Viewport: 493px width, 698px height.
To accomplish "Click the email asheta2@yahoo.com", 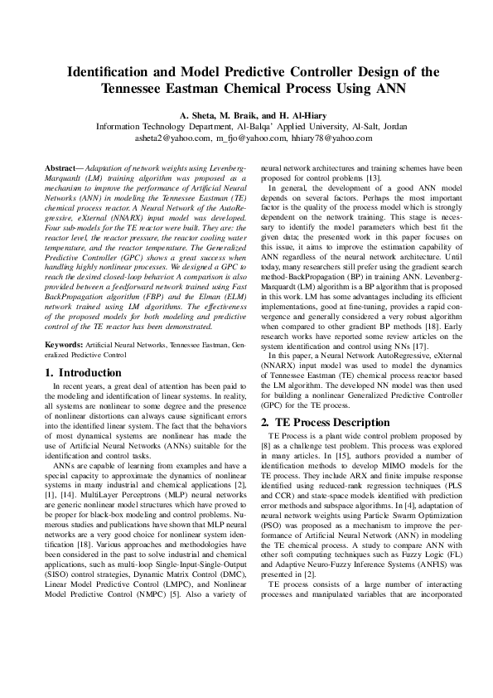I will point(172,139).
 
